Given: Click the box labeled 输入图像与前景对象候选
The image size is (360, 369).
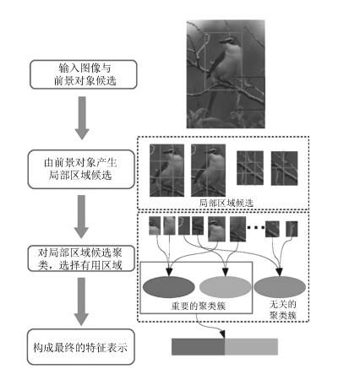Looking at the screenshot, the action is [84, 74].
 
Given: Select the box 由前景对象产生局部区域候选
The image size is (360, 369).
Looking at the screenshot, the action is [81, 169].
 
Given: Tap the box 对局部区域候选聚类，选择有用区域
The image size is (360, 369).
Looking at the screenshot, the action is [81, 258].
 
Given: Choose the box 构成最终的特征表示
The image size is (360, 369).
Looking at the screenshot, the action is [81, 347].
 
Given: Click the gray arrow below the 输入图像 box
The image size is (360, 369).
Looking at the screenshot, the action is [82, 118].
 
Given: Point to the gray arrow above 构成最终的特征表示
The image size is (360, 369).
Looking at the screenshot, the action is [81, 301].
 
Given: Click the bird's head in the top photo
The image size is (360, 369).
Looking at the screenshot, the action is [228, 41].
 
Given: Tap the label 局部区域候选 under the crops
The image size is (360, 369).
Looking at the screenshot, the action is [226, 203].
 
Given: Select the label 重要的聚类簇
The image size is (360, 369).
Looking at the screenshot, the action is [199, 306].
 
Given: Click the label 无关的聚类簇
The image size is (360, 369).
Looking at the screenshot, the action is [283, 310].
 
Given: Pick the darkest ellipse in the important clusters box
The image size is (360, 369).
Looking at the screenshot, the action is [169, 287].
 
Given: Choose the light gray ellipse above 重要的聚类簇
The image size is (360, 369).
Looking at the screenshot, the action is [225, 287].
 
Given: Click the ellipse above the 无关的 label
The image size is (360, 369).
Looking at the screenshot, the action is [280, 287].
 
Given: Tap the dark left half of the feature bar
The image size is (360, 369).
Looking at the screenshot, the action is [198, 346].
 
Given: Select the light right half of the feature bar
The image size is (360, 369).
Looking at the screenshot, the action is [251, 346].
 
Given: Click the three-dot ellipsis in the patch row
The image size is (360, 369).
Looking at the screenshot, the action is [256, 228].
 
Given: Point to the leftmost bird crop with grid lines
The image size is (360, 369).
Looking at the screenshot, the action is [166, 171].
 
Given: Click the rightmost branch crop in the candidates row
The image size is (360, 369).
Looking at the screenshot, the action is [284, 168].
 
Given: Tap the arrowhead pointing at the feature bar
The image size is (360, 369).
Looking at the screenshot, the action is [222, 334].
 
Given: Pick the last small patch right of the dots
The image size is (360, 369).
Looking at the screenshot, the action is [292, 229].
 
